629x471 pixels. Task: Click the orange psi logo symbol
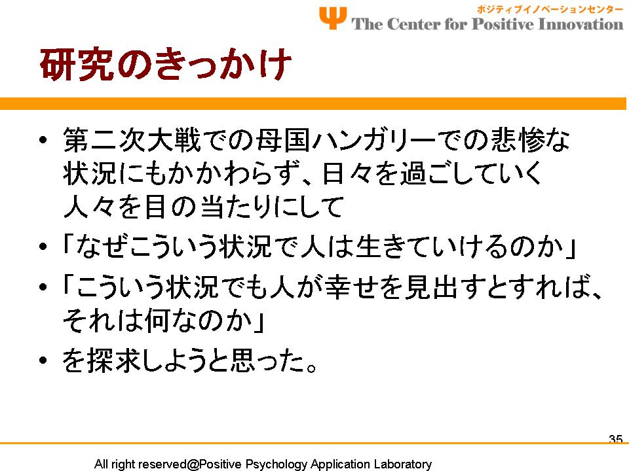coord(333,18)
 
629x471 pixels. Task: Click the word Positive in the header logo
coord(503,24)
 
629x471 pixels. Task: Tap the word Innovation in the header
coord(580,24)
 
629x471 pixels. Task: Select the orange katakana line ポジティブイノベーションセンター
coord(550,9)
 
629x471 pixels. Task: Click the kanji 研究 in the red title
coord(76,65)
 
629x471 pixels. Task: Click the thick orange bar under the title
coord(313,103)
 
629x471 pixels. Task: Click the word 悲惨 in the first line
coord(518,140)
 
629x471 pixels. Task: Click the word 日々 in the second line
coord(347,174)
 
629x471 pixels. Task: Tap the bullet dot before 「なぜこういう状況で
coord(43,247)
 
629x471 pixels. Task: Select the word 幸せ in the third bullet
coord(351,287)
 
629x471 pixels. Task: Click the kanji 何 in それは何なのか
coord(158,321)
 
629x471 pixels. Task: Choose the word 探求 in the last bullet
coord(114,360)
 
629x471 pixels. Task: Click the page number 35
coord(616,439)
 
